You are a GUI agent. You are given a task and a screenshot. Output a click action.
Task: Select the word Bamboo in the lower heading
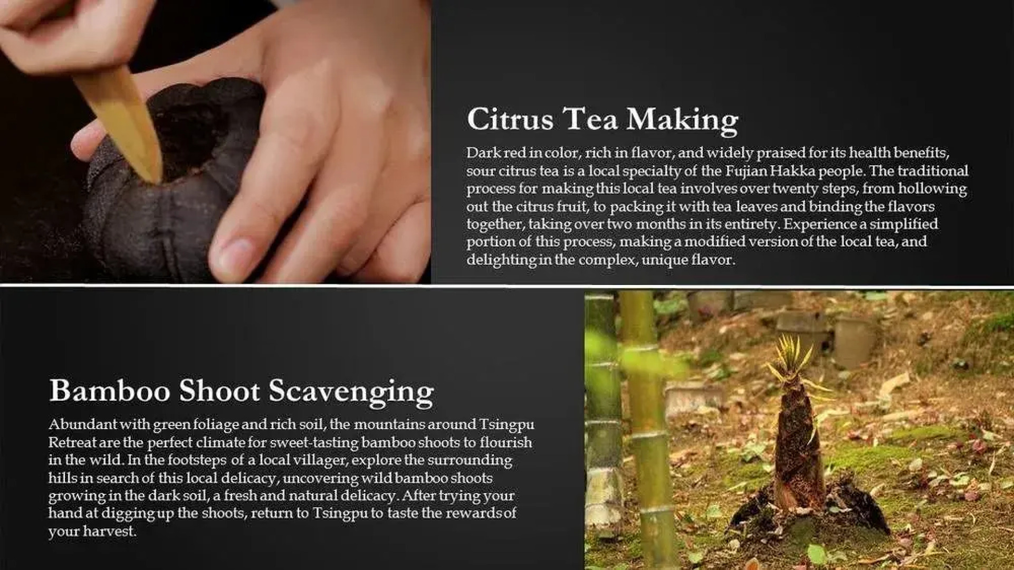[110, 391]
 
